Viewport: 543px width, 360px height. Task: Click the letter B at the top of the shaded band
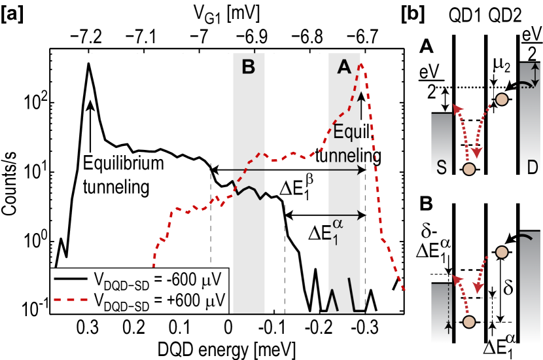tap(248, 67)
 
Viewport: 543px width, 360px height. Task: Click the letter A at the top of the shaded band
tap(344, 67)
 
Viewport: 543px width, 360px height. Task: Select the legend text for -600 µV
tap(157, 280)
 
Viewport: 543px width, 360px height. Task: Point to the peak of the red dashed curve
tap(362, 63)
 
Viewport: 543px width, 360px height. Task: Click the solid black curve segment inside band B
tap(249, 191)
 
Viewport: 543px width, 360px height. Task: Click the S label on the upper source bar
tap(442, 168)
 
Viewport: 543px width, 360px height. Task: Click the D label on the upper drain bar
tap(533, 168)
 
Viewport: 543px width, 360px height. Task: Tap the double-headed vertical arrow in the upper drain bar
tap(535, 71)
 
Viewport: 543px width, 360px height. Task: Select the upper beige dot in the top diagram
tap(502, 99)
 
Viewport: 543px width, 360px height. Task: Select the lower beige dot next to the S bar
tap(468, 170)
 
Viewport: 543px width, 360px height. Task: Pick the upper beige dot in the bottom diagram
tap(502, 252)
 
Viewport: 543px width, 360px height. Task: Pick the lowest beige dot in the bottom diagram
tap(468, 321)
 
